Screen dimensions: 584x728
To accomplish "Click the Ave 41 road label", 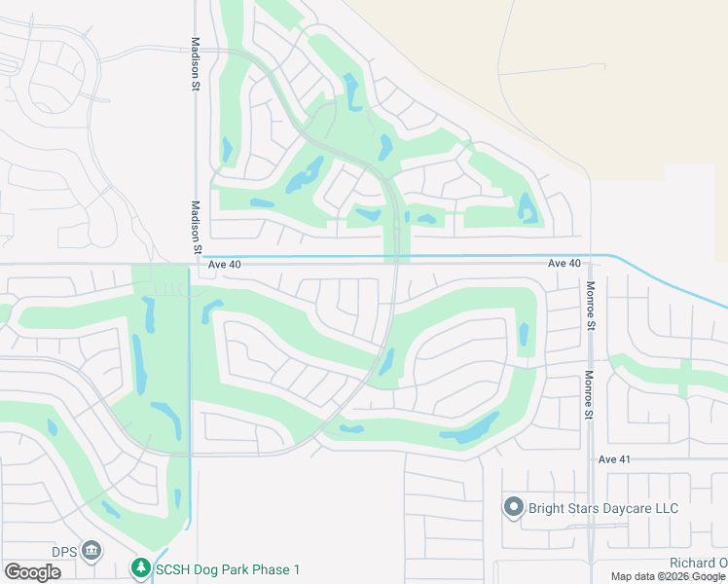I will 615,459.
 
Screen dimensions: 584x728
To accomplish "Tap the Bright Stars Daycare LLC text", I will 602,508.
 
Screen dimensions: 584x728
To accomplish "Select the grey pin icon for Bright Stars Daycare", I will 514,507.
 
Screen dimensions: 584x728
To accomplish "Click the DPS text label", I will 65,551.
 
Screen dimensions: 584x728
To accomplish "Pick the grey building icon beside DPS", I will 91,551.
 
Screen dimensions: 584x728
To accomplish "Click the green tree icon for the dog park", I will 141,567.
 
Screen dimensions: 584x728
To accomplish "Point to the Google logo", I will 32,571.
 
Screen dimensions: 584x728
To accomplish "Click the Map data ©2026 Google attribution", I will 668,577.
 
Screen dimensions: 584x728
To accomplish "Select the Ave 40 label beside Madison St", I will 224,264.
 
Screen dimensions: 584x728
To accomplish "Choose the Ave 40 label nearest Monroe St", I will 564,264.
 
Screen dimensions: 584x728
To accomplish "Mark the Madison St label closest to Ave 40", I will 196,228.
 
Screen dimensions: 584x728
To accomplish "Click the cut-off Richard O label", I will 697,564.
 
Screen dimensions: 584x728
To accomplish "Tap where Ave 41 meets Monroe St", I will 591,459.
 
